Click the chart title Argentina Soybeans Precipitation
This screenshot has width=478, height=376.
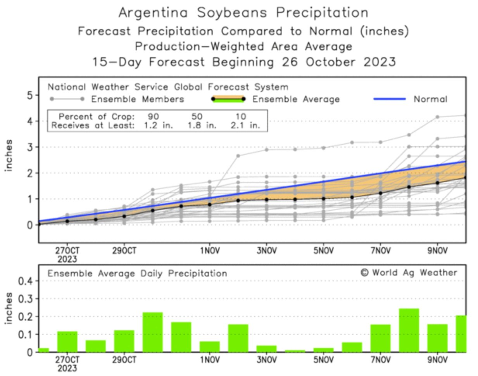click(243, 13)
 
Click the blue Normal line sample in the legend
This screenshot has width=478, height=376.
click(389, 99)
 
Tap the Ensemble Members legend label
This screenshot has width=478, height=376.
click(137, 99)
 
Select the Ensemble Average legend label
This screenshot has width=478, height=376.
click(296, 99)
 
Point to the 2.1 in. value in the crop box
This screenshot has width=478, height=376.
click(245, 125)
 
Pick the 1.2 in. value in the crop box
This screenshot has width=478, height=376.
click(158, 125)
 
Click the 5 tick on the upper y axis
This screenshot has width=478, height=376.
click(30, 95)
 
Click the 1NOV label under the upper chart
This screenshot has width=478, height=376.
click(210, 251)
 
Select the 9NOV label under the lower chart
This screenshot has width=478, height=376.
click(437, 360)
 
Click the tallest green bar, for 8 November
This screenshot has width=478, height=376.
click(409, 330)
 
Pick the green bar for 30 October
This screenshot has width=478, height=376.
click(153, 332)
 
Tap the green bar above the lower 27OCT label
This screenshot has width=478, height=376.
click(67, 341)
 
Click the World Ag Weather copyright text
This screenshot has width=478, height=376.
click(409, 273)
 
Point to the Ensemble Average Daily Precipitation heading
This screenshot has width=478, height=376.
click(137, 274)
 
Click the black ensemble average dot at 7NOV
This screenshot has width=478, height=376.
click(380, 193)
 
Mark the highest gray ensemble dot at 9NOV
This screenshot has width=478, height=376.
click(437, 117)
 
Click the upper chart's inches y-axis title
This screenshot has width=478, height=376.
click(9, 155)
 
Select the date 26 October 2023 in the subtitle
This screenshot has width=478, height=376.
click(338, 62)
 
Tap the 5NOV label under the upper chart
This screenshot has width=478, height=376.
click(323, 251)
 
